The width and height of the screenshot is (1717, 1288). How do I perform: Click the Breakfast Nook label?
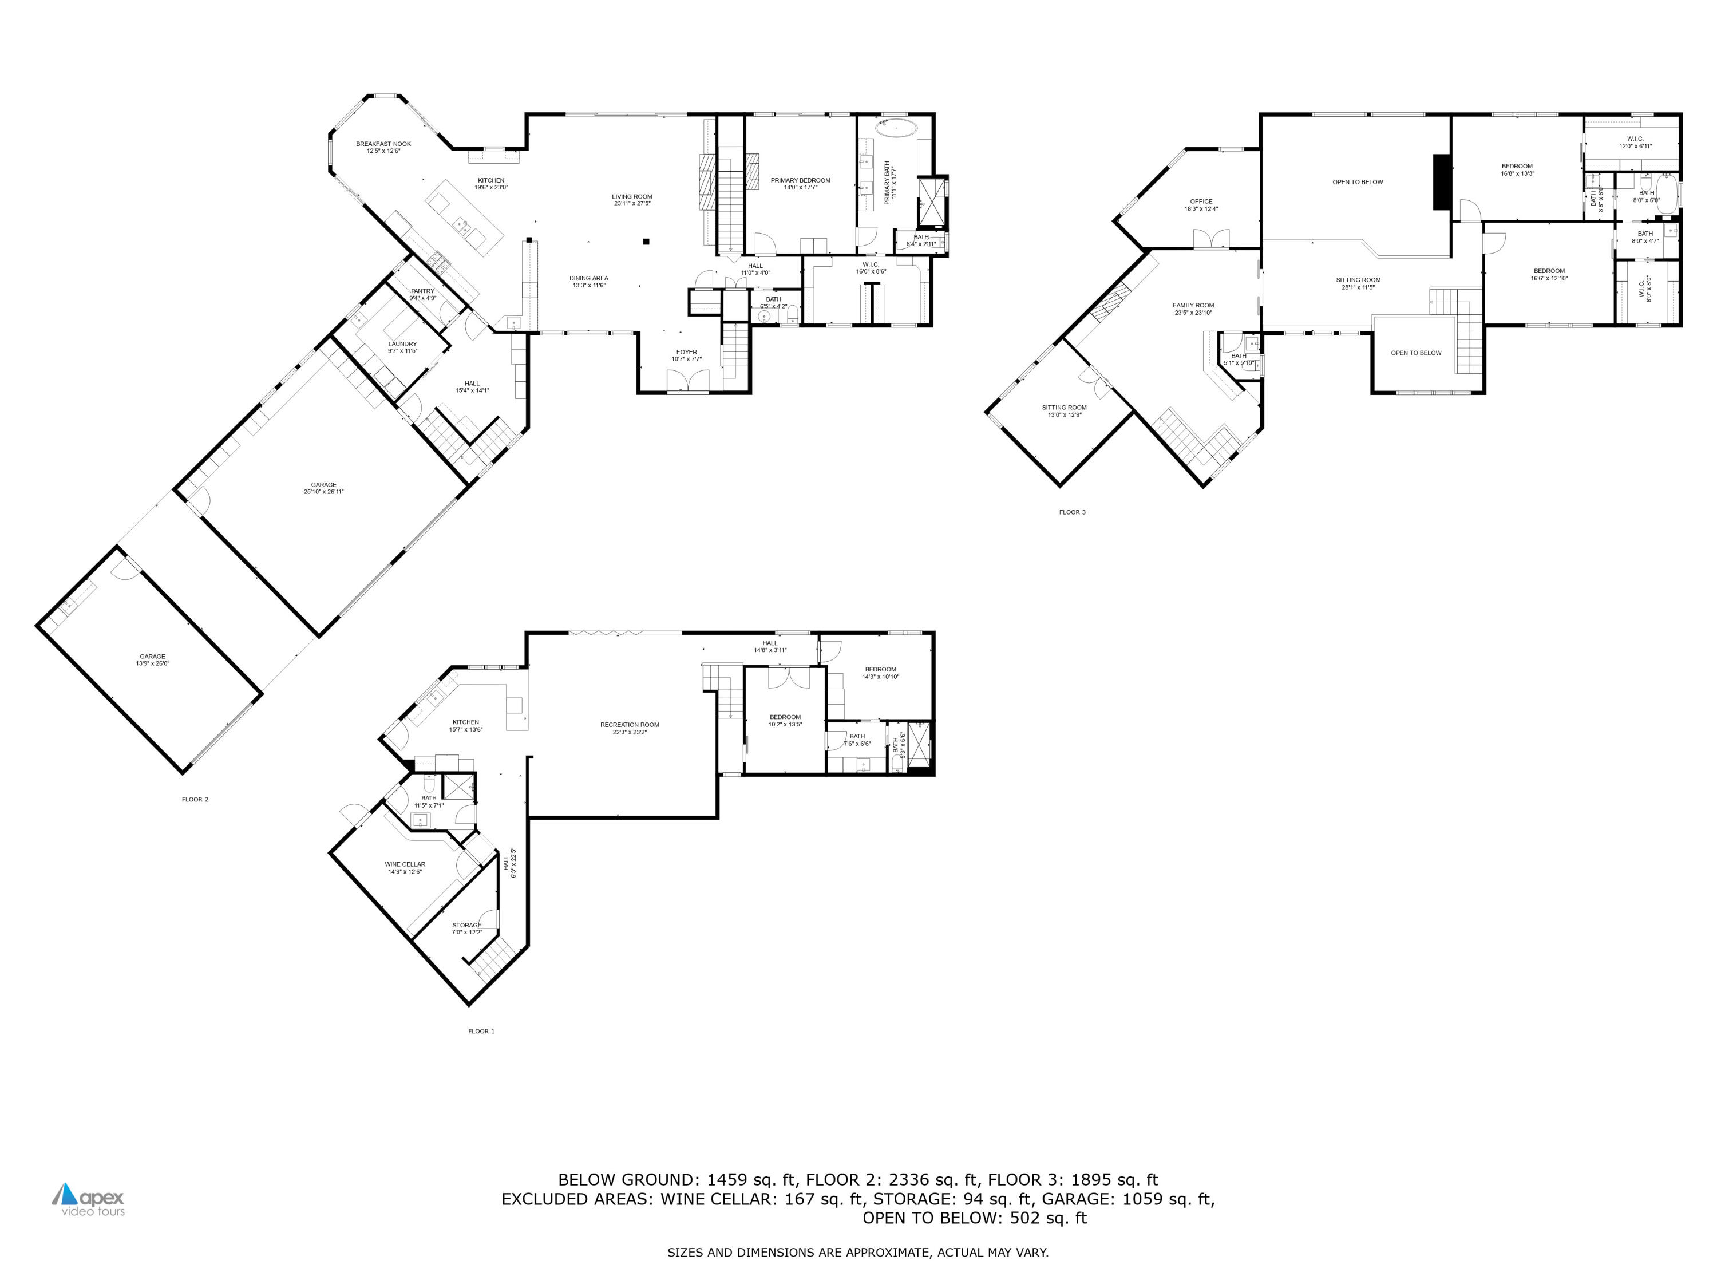pos(383,147)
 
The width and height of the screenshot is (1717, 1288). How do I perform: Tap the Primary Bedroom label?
pos(800,183)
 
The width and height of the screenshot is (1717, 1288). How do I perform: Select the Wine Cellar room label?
pos(405,867)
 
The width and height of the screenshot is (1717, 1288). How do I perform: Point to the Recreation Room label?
pos(630,728)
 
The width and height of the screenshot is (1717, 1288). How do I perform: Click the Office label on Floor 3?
pos(1201,204)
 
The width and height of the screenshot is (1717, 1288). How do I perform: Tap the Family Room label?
pos(1193,308)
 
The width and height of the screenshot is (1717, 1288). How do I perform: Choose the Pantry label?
pos(423,294)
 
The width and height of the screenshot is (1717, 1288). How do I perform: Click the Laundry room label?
pos(402,347)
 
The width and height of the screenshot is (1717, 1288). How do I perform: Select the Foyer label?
pos(686,355)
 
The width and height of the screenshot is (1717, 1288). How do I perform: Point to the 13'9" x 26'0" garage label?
pos(152,659)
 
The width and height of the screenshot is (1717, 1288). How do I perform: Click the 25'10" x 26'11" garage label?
pos(324,488)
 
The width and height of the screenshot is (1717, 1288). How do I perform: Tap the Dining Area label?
pos(588,281)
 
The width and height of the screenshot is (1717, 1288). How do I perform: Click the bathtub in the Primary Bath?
pos(896,128)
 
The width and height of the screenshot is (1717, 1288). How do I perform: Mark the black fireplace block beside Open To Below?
pos(1442,181)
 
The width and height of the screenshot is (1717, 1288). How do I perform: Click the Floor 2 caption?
pos(195,799)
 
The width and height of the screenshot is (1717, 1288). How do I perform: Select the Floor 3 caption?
pos(1072,512)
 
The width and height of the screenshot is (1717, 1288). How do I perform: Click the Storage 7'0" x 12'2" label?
pos(466,928)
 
